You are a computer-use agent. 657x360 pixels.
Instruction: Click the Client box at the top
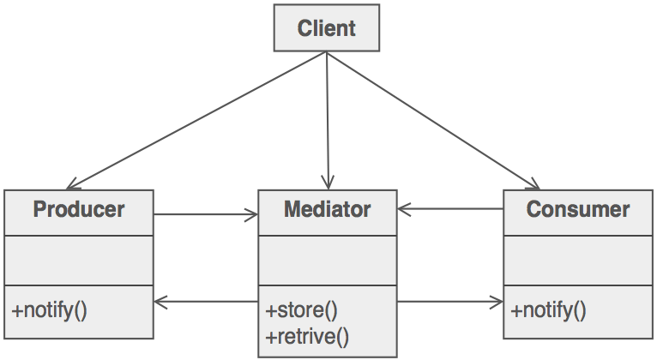coord(327,28)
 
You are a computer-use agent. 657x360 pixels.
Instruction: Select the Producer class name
coord(78,209)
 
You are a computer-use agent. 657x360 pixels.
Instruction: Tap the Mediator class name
coord(327,209)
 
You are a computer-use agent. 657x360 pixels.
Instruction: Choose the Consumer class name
coord(577,209)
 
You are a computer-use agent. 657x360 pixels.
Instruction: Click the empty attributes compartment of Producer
coord(78,261)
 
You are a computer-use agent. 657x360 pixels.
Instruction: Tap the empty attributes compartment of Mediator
coord(327,261)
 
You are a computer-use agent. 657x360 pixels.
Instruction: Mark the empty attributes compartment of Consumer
coord(577,261)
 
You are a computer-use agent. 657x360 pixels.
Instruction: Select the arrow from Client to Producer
coord(197,120)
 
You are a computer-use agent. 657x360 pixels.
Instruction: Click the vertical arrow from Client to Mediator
coord(327,120)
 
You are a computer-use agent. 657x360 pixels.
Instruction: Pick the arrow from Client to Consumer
coord(433,120)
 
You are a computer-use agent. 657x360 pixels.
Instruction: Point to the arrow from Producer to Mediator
coord(206,215)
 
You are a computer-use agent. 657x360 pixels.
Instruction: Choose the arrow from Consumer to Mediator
coord(450,209)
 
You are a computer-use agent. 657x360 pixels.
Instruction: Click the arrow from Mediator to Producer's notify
coord(206,302)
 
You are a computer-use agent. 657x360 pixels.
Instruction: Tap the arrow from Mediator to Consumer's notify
coord(450,302)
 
